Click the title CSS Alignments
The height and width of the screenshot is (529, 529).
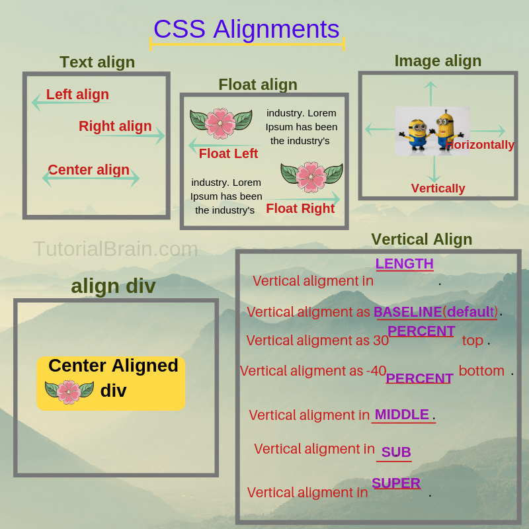tap(246, 30)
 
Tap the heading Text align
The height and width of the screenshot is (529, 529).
tap(97, 62)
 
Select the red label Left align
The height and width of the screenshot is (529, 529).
tap(77, 95)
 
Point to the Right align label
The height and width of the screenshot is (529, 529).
tap(115, 126)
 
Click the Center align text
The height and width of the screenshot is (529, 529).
tap(89, 170)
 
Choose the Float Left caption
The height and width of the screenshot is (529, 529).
tap(228, 154)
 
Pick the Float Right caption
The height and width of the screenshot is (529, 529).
tap(300, 209)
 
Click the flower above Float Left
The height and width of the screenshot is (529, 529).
tap(220, 122)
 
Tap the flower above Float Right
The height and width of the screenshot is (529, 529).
tap(311, 177)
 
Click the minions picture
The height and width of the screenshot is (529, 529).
tap(432, 130)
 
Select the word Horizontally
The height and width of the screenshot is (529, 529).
tap(480, 145)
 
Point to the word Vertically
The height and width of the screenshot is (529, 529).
tap(438, 188)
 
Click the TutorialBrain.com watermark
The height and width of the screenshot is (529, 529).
tap(116, 249)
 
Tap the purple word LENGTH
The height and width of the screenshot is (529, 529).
tap(404, 264)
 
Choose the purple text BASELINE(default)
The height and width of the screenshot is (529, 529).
tap(435, 312)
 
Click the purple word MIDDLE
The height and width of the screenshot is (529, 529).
tap(401, 415)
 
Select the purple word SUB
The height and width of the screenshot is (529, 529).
tap(396, 452)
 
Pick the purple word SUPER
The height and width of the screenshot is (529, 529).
tap(396, 483)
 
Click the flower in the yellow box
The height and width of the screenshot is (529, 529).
tap(69, 391)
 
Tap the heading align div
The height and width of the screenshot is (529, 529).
tap(113, 286)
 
